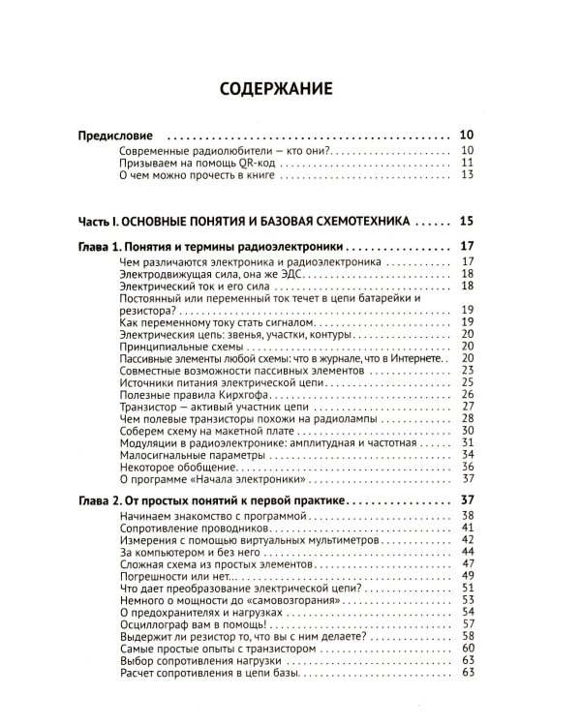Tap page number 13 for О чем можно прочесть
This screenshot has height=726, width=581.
pyautogui.click(x=466, y=176)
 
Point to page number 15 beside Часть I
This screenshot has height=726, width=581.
pyautogui.click(x=466, y=219)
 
